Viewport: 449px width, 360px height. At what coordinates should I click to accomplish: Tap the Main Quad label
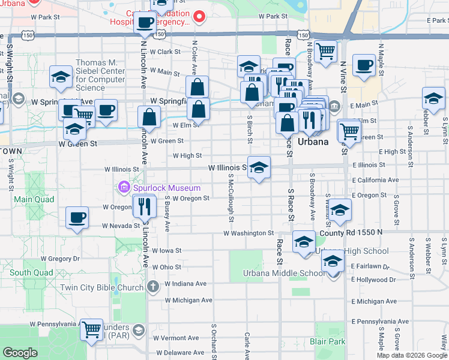[31, 199]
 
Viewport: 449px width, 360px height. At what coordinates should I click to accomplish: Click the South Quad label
[28, 272]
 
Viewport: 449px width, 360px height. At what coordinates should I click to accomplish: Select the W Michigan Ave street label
[188, 300]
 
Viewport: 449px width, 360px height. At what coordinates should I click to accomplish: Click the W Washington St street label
[249, 233]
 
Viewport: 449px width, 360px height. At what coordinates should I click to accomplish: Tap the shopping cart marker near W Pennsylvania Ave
[91, 329]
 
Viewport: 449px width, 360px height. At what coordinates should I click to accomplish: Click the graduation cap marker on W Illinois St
[259, 167]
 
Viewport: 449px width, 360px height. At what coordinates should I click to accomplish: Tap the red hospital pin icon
[199, 16]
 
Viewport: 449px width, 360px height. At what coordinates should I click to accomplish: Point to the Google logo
[20, 353]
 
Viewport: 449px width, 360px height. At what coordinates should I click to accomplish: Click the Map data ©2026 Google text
[411, 355]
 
